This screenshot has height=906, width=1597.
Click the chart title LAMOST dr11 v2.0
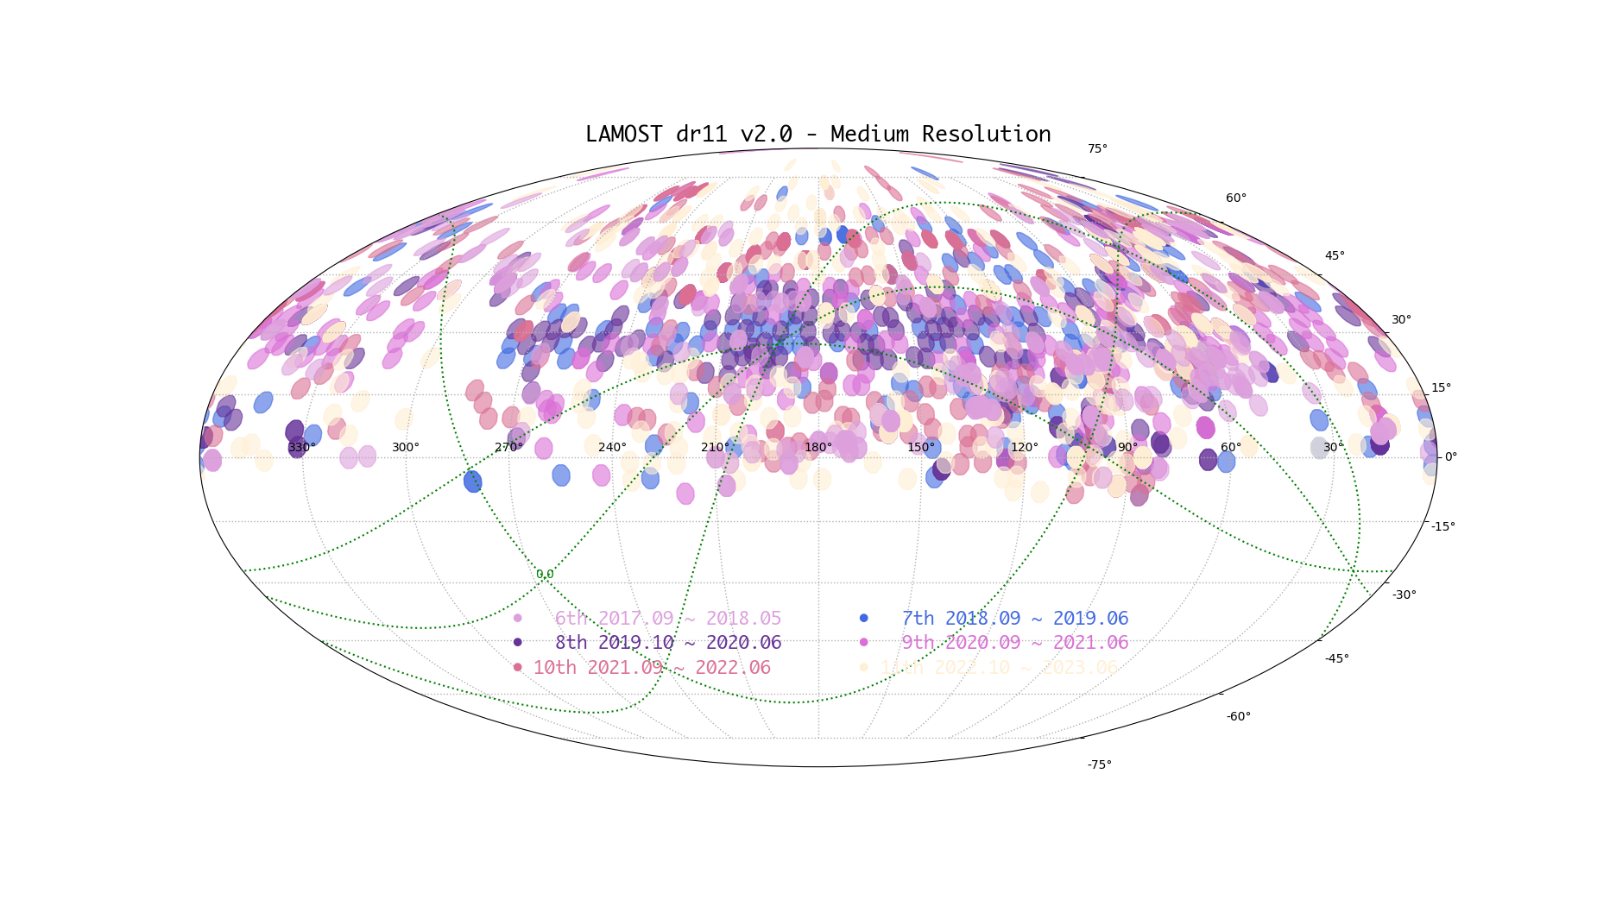pos(817,135)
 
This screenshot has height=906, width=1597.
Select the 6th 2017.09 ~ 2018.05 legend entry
pos(667,619)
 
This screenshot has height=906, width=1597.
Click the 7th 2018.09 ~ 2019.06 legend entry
pos(1014,619)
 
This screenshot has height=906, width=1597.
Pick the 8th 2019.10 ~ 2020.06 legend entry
pos(667,643)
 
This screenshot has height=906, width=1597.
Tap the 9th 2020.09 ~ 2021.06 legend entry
pos(1014,643)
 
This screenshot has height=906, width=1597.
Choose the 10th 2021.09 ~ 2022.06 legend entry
pos(652,668)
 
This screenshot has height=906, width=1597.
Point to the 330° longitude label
pos(302,447)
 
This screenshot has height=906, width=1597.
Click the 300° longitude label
pos(406,447)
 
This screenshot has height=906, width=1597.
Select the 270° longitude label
pos(508,447)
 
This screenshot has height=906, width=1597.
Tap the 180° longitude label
pos(818,447)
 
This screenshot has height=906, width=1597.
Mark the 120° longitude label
pos(1025,447)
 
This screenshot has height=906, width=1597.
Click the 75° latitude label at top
pos(1097,149)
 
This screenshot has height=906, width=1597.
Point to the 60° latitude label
pos(1236,198)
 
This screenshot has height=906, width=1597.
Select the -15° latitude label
pos(1442,526)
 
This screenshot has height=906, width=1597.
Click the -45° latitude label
pos(1337,658)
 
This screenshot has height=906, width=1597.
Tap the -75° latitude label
pos(1099,764)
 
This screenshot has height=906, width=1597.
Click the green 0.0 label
pos(545,574)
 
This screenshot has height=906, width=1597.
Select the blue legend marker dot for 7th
pos(863,618)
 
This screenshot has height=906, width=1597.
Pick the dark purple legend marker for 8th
pos(517,642)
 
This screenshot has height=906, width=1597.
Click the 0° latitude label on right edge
pos(1451,456)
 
